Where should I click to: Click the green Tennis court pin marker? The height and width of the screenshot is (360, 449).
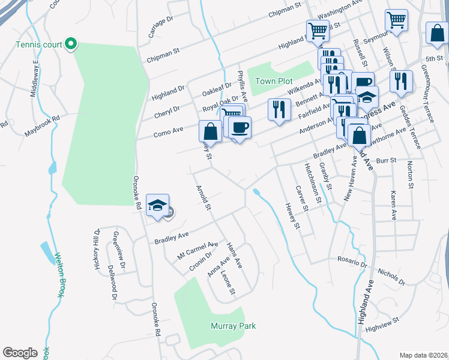(x=70, y=43)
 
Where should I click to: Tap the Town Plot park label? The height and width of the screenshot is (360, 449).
(x=273, y=81)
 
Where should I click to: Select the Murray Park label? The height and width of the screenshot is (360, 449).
(x=233, y=326)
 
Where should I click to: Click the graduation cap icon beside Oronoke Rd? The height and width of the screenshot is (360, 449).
(x=157, y=205)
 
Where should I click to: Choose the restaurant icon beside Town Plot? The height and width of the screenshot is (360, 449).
(x=279, y=109)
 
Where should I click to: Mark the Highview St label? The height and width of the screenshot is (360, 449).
(x=382, y=323)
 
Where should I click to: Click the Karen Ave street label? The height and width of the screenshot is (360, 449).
(x=394, y=206)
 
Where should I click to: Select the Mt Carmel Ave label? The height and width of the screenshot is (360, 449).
(x=197, y=251)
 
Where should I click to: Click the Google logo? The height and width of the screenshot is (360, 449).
(x=20, y=353)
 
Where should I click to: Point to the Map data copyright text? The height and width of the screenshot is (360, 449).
(x=423, y=355)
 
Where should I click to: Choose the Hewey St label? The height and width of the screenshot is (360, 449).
(x=292, y=216)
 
